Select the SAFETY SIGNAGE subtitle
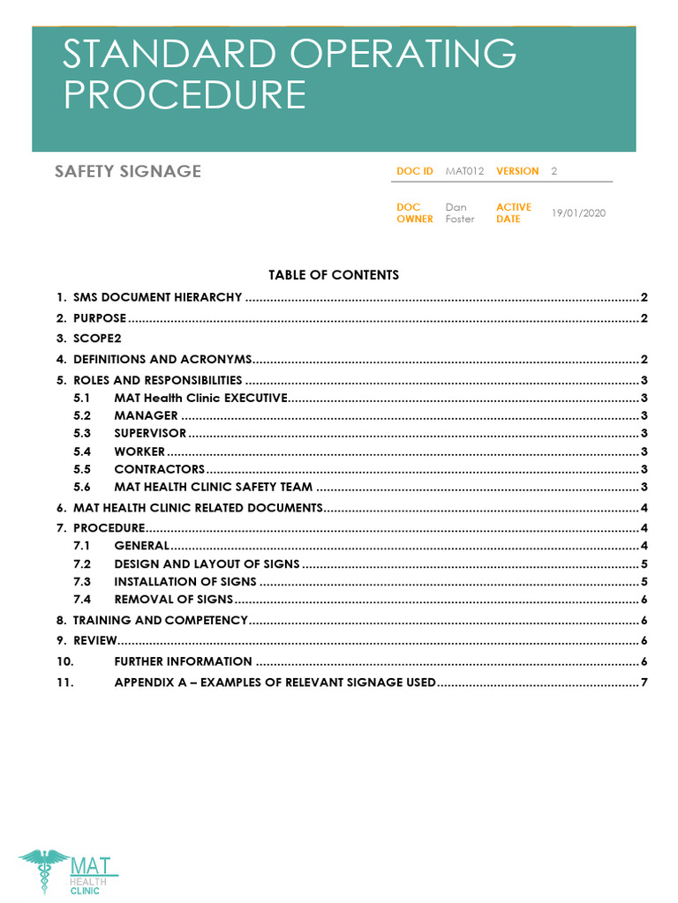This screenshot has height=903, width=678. [128, 171]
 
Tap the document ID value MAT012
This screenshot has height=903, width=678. [464, 171]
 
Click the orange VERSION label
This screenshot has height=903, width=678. [517, 171]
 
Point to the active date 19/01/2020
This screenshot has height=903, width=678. [578, 213]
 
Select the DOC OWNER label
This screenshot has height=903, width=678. [415, 213]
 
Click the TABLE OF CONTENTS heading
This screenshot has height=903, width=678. [334, 275]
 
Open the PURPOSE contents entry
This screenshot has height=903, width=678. [100, 317]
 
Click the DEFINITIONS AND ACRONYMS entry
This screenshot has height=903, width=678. [162, 359]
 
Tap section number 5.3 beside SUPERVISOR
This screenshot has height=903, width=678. [82, 433]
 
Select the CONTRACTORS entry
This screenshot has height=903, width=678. [159, 469]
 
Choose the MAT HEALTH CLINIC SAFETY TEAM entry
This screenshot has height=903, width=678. [213, 487]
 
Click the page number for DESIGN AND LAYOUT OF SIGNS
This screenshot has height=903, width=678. [645, 563]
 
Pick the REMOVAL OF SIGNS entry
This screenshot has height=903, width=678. [173, 599]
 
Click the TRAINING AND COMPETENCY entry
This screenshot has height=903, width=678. [160, 620]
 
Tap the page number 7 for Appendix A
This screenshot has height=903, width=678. [645, 683]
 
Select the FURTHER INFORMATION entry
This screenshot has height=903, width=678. [183, 661]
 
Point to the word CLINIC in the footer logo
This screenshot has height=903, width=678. [86, 891]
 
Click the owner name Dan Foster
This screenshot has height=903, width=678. [459, 213]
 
